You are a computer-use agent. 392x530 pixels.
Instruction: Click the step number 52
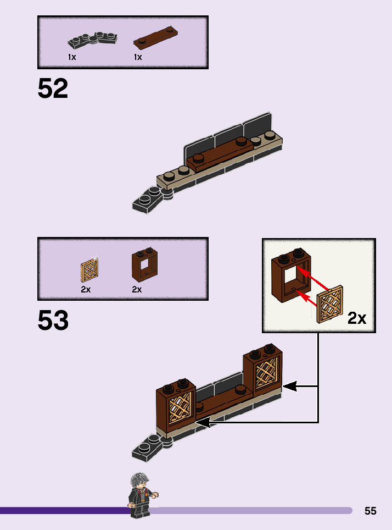pos(53,89)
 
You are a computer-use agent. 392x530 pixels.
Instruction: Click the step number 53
pos(53,321)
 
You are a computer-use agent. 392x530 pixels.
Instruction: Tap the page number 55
pos(371,511)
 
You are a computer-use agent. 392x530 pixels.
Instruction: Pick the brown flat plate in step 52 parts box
pos(157,37)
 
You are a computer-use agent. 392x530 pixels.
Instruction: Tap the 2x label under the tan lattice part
pos(86,289)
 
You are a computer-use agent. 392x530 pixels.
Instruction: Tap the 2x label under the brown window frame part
pos(137,289)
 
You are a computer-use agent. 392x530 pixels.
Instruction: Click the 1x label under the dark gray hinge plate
pos(72,57)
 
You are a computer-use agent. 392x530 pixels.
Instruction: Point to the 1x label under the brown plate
pos(138,57)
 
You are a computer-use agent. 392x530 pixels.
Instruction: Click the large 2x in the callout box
pos(357,318)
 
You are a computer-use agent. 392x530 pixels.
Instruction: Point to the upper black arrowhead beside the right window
pos(289,387)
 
